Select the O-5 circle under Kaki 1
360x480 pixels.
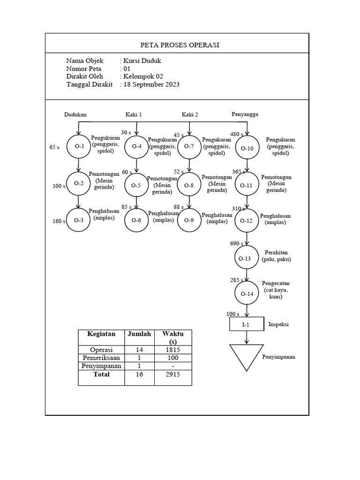click(136, 185)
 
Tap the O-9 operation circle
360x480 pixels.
click(189, 220)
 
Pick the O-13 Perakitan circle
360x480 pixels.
click(247, 258)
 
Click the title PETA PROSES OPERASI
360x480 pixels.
click(180, 45)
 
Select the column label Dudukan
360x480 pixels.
click(75, 114)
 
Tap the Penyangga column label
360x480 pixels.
click(245, 114)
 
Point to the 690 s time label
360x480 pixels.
click(236, 244)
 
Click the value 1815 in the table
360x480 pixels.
click(173, 350)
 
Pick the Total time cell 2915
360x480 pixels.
click(173, 375)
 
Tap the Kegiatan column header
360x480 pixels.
click(101, 334)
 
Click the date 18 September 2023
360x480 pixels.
click(151, 85)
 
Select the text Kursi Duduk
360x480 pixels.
click(142, 61)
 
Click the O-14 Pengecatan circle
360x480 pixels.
click(247, 294)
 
